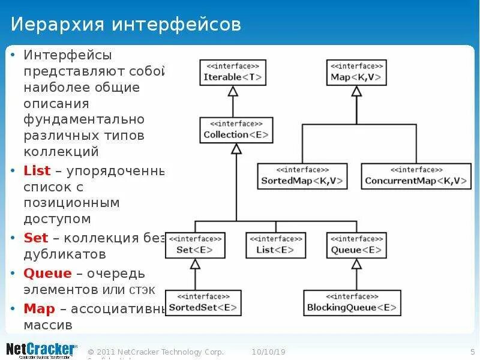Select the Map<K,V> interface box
tap(356, 73)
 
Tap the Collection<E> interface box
tap(236, 130)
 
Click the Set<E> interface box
tap(195, 245)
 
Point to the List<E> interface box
tap(275, 245)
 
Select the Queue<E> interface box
tap(356, 245)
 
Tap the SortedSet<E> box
tap(203, 303)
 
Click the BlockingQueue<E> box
tap(352, 303)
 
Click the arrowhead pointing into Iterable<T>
tap(233, 91)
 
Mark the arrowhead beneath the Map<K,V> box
tap(356, 91)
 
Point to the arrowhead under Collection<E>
tap(236, 149)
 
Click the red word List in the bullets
tap(37, 171)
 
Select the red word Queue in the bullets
tap(47, 274)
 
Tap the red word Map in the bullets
tap(39, 309)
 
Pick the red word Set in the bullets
tap(35, 238)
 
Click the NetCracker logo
tap(41, 350)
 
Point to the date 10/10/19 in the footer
tap(268, 352)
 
